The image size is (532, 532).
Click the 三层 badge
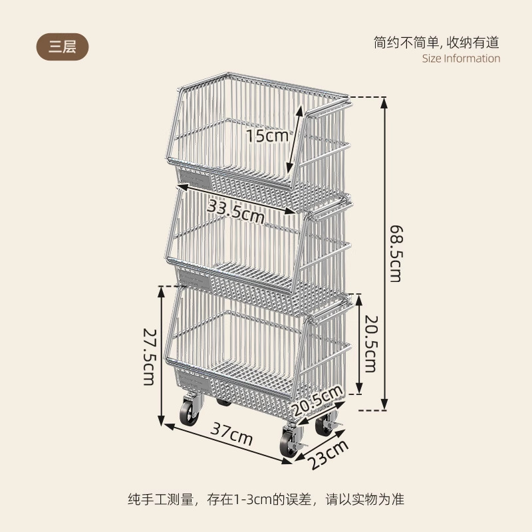pos(62,47)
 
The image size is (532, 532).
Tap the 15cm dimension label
pos(266,136)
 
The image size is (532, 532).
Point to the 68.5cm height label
pos(395,253)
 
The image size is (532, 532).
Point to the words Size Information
pos(461,59)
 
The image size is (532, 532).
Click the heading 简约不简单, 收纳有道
pos(436,43)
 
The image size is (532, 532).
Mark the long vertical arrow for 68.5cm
pos(384,253)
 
